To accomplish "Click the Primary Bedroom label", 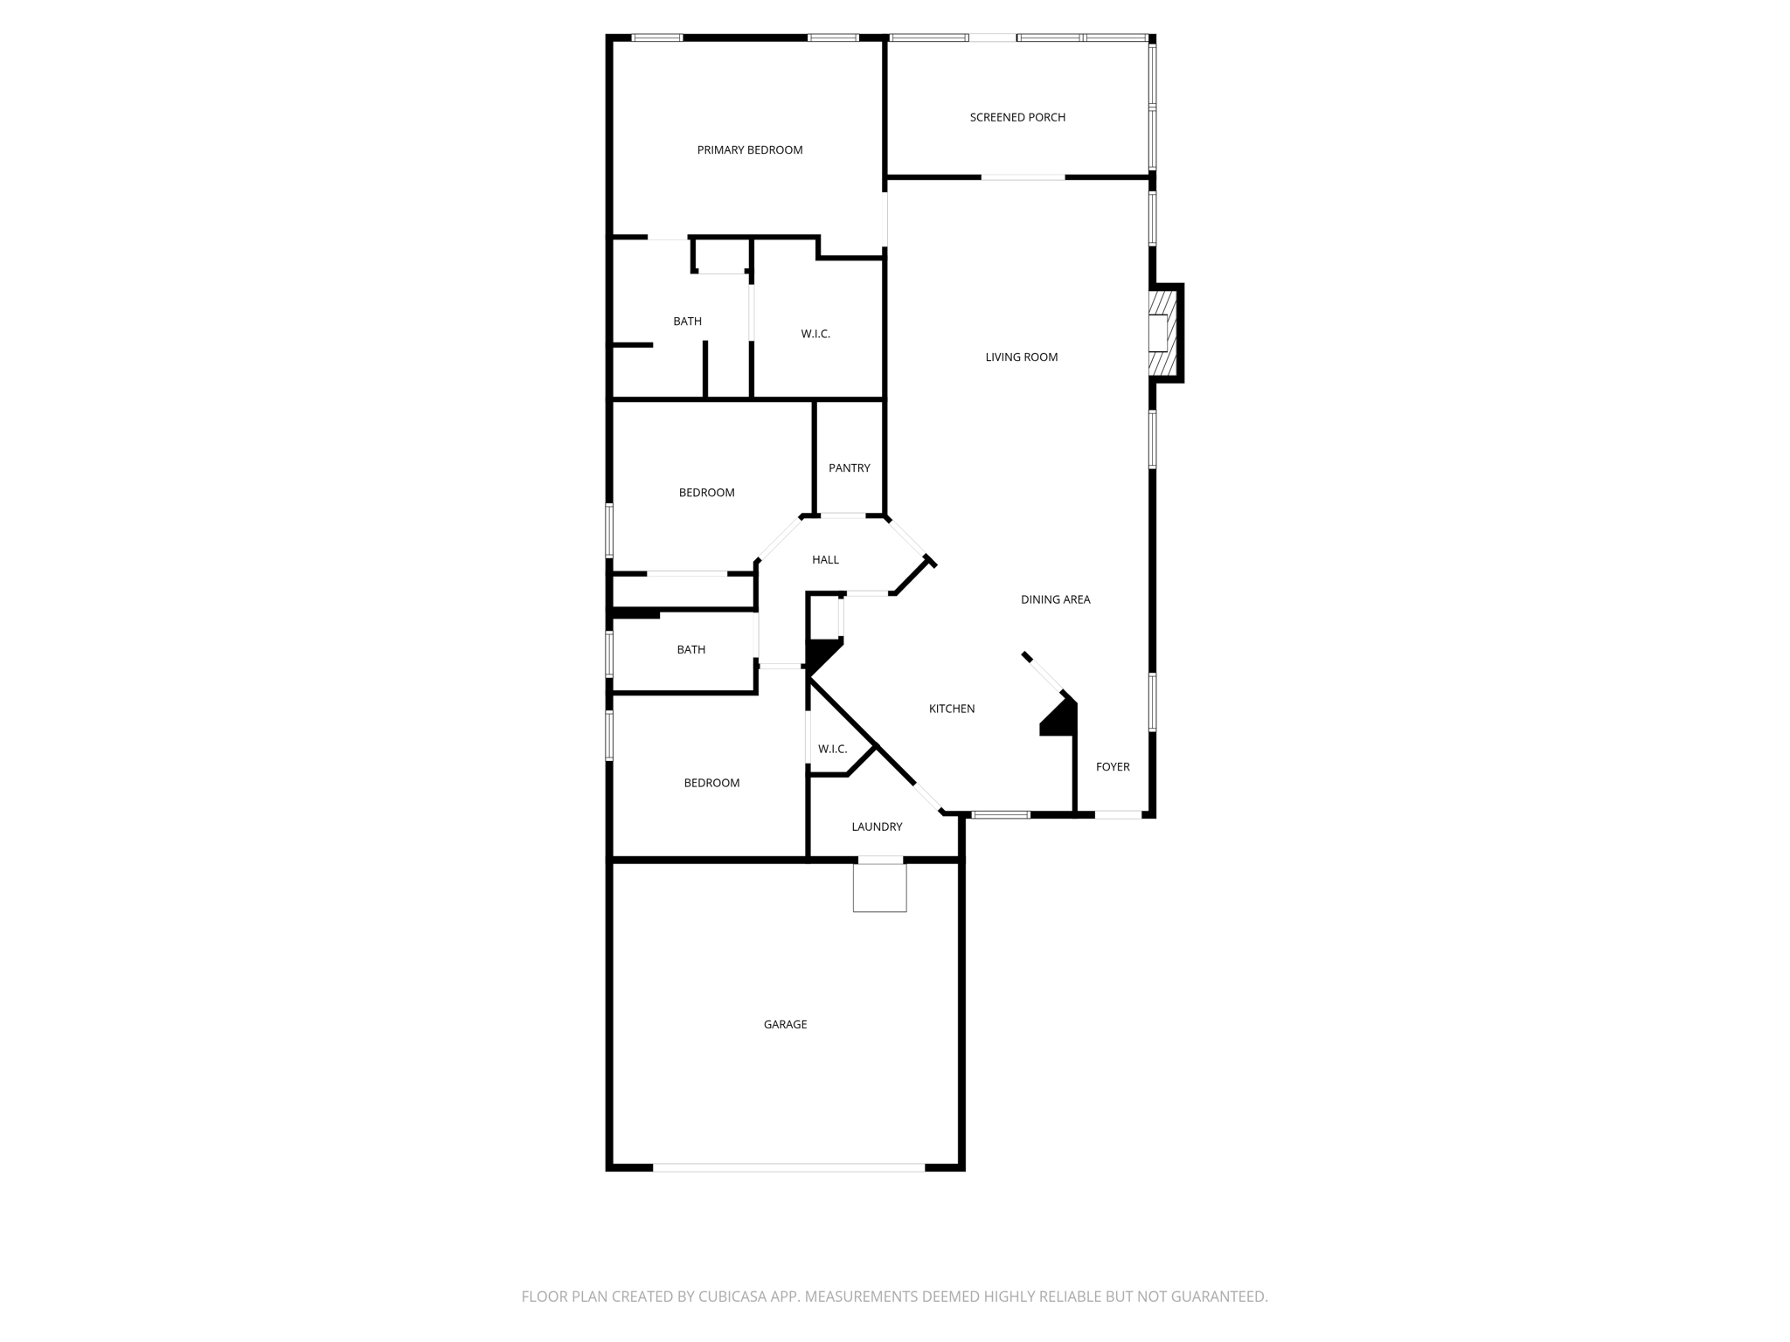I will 749,150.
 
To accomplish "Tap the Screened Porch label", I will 1017,117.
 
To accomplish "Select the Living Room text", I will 1021,356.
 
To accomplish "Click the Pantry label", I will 849,468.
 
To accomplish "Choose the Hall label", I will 825,560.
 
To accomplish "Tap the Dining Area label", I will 1055,599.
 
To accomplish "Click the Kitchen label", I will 951,709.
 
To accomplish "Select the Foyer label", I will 1113,767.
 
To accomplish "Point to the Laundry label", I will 877,827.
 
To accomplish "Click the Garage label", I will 785,1024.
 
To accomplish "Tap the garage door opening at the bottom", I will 788,1167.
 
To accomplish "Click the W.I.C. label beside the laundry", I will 832,749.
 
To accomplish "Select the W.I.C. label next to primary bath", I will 815,334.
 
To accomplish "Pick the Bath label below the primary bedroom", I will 687,322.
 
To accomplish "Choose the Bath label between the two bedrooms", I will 690,650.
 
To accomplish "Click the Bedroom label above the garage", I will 711,783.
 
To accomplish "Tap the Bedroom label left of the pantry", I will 706,493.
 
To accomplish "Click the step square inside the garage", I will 879,888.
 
